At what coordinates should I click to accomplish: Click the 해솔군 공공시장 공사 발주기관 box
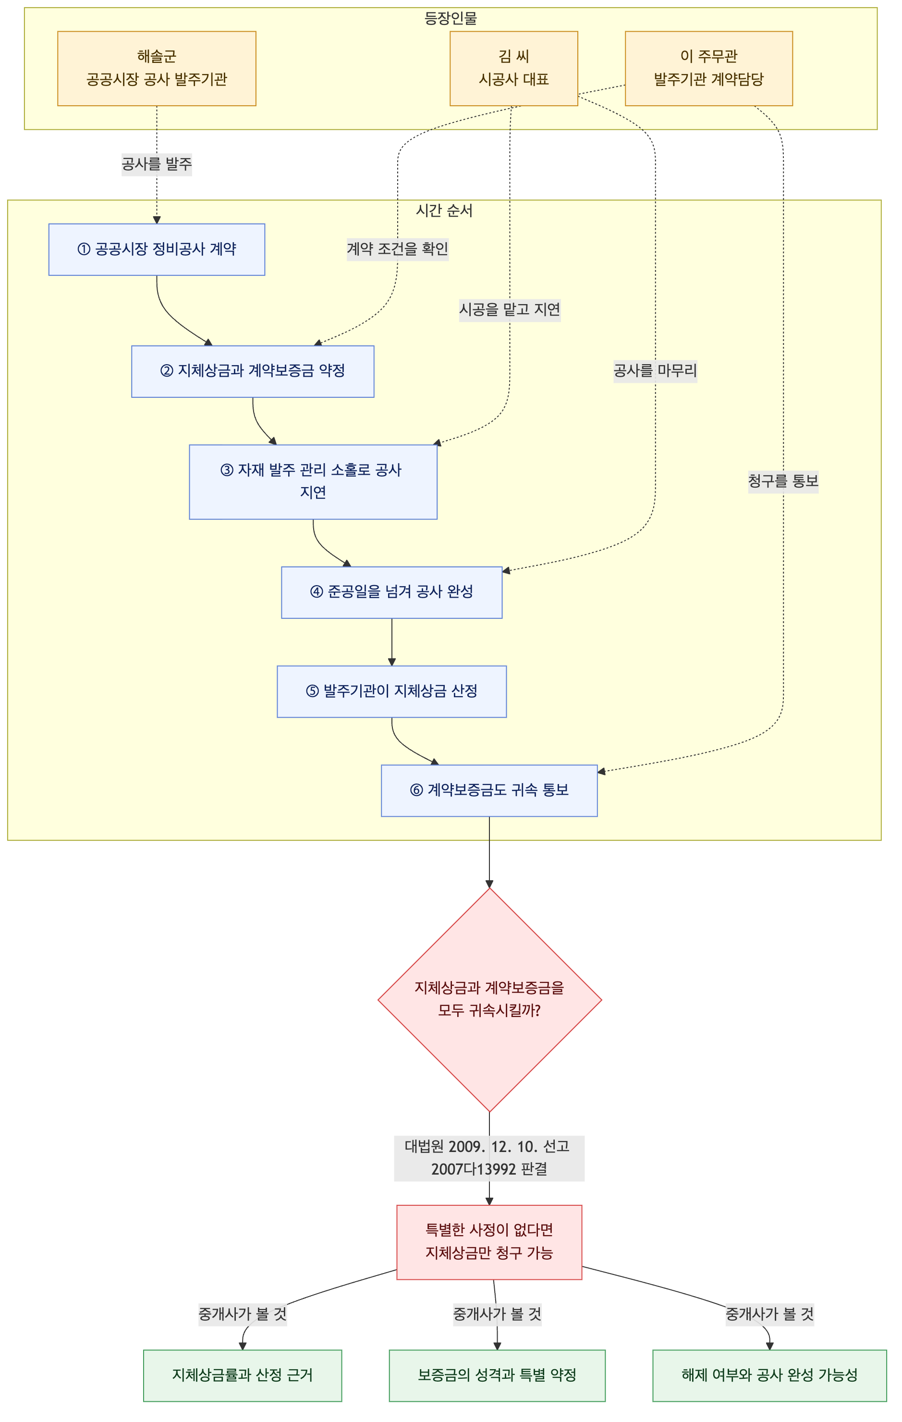coord(157,69)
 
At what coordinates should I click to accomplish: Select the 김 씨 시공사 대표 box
coord(513,69)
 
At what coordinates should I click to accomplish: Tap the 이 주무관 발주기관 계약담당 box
coord(708,69)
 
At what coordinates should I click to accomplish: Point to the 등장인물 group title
coord(451,18)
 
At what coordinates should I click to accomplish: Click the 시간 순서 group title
coord(444,210)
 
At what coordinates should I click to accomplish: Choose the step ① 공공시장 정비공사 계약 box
coord(157,249)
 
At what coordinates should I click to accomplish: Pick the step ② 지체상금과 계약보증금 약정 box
coord(253,371)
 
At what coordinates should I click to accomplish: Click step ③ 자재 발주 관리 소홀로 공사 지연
coord(313,481)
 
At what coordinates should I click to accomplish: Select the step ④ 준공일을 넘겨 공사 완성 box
coord(391,592)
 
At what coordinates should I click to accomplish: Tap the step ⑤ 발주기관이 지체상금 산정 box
coord(391,691)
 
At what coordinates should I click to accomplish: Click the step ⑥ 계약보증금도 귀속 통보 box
coord(489,791)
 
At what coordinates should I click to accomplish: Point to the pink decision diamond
coord(489,1000)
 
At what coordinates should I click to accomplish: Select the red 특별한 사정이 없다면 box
coord(489,1242)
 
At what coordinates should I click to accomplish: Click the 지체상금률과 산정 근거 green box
coord(242,1375)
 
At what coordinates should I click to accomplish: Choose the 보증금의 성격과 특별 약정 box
coord(497,1375)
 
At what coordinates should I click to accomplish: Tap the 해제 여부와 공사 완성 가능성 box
coord(769,1375)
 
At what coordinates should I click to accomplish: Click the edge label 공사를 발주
coord(157,163)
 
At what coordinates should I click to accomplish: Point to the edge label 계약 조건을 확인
coord(397,249)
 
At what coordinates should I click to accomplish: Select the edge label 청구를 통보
coord(783,481)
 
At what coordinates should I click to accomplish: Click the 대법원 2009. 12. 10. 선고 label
coord(487,1146)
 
